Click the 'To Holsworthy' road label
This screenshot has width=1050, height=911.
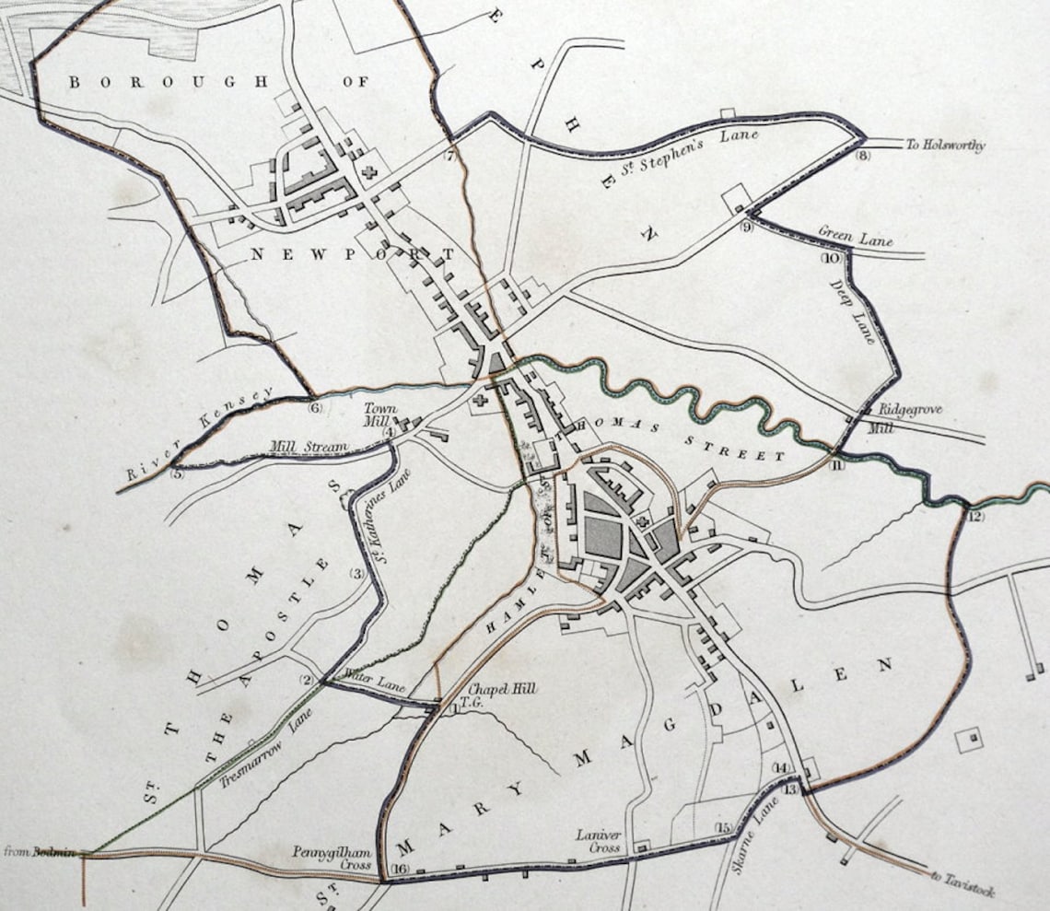pos(946,146)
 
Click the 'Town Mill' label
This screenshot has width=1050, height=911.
pos(378,415)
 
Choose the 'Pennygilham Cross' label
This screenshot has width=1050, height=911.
pos(333,858)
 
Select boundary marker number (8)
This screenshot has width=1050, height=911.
pos(862,156)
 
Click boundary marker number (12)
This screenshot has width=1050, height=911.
pos(975,517)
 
